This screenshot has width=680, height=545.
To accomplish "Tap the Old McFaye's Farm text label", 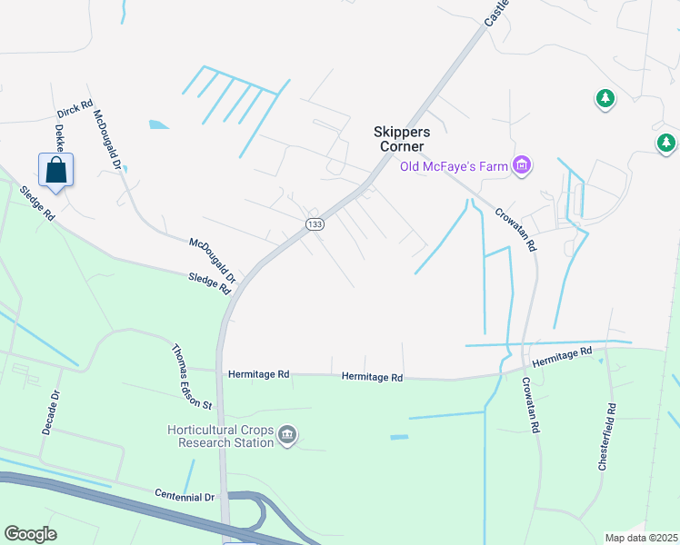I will (454, 165).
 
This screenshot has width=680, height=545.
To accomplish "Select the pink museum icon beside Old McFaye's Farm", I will (522, 165).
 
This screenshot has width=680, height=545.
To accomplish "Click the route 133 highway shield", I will (315, 224).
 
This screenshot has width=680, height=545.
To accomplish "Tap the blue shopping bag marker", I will (55, 170).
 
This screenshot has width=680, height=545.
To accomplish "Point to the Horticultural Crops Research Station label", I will (220, 436).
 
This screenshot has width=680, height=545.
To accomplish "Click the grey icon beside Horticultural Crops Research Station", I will (288, 436).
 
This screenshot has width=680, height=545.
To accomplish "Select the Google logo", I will (30, 534).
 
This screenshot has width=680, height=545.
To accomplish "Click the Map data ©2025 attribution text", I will (640, 538).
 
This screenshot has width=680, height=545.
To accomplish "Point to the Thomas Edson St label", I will (192, 376).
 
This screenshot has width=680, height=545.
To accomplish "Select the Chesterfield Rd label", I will (607, 436).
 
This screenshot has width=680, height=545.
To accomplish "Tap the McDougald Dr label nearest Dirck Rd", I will (108, 142).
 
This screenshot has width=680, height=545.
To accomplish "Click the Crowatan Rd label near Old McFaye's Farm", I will (516, 229).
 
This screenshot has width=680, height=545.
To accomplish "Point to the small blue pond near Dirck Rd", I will (158, 124).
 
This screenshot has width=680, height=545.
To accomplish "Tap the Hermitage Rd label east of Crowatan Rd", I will (562, 356).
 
